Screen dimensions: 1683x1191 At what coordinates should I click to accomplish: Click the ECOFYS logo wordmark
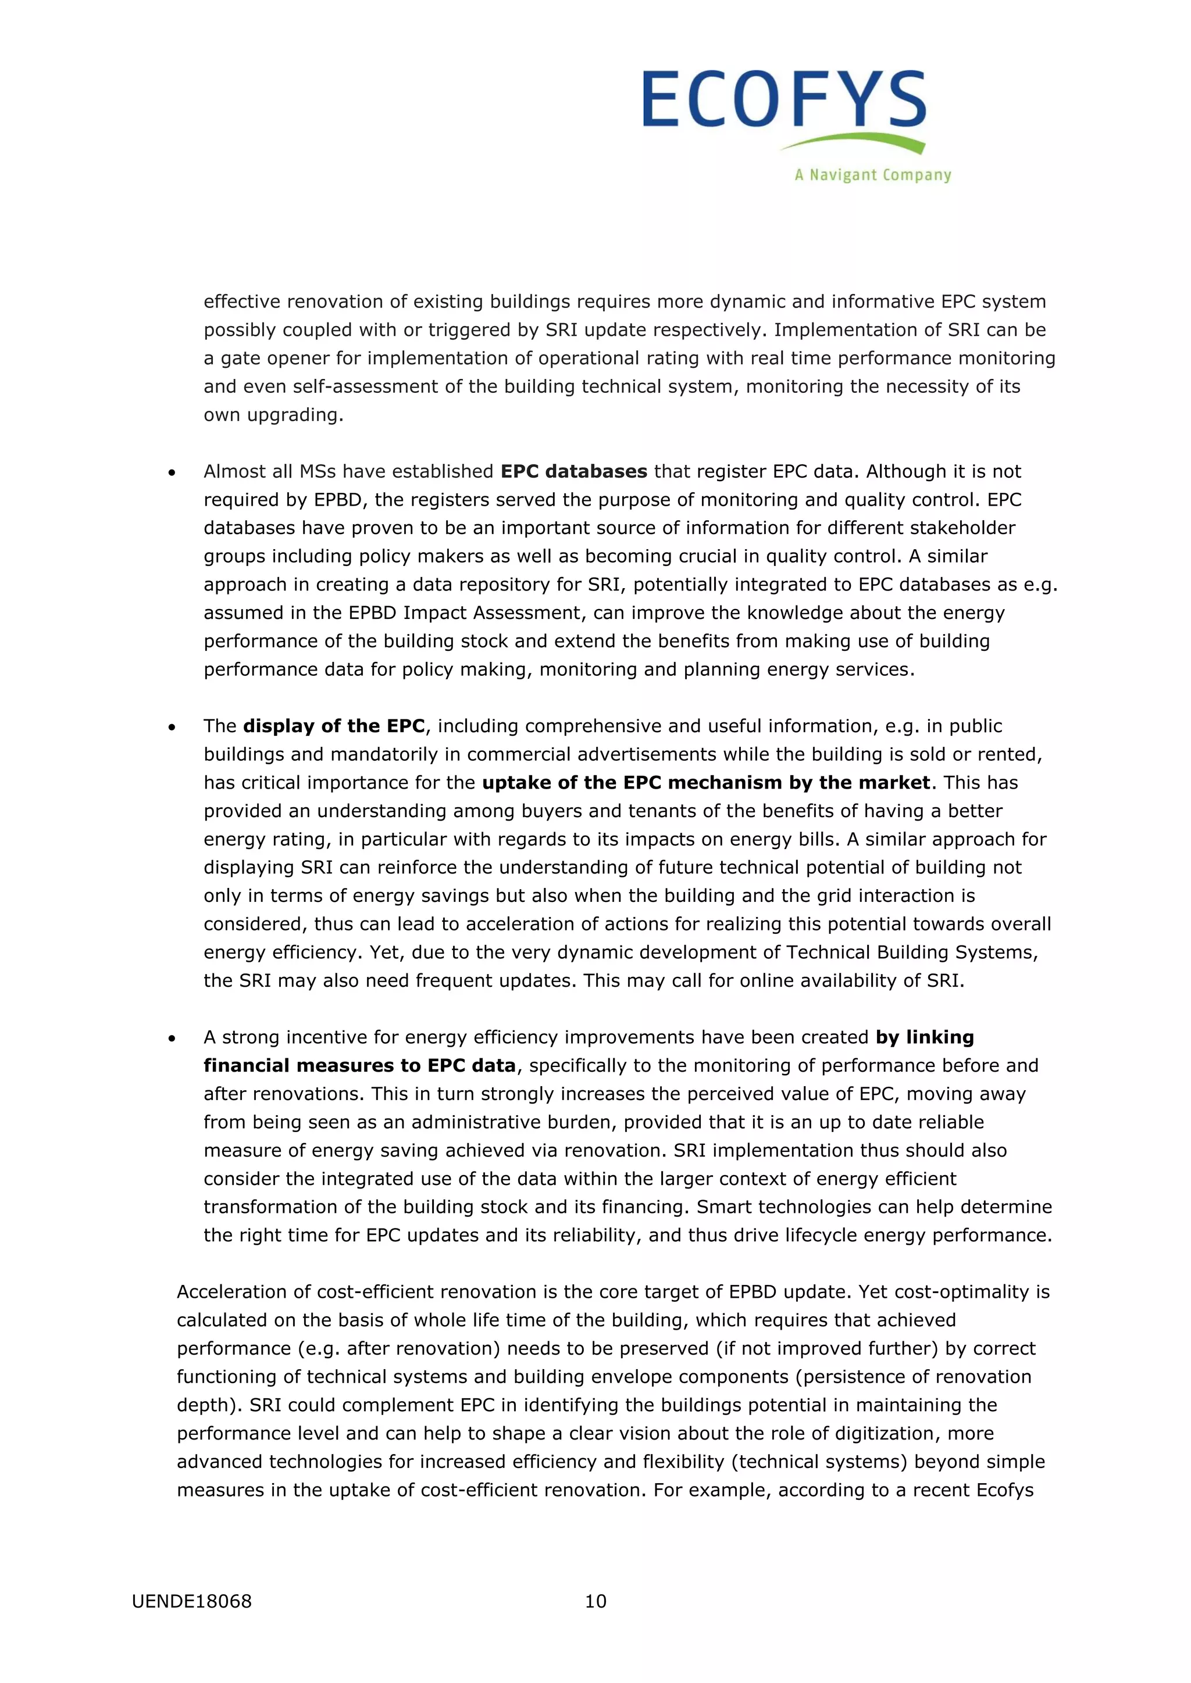784,100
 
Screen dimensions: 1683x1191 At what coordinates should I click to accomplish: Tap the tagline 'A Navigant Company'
873,175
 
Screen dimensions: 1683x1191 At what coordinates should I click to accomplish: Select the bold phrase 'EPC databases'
573,471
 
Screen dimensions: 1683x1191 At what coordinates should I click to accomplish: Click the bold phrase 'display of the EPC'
334,726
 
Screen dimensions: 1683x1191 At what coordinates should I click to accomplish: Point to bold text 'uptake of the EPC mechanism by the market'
705,782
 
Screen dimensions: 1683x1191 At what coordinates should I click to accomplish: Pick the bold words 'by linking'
924,1037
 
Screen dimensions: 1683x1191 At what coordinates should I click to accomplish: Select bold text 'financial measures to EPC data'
359,1065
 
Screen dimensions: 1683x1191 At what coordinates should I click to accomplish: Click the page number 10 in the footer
595,1601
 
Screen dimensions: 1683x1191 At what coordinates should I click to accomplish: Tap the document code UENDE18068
191,1601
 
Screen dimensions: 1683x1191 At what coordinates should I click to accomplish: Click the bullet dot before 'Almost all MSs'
172,474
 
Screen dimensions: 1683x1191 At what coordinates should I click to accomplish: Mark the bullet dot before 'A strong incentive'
172,1039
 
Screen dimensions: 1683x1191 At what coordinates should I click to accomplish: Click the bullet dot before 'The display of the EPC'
172,728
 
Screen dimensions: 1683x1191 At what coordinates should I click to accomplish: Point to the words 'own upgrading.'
273,415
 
